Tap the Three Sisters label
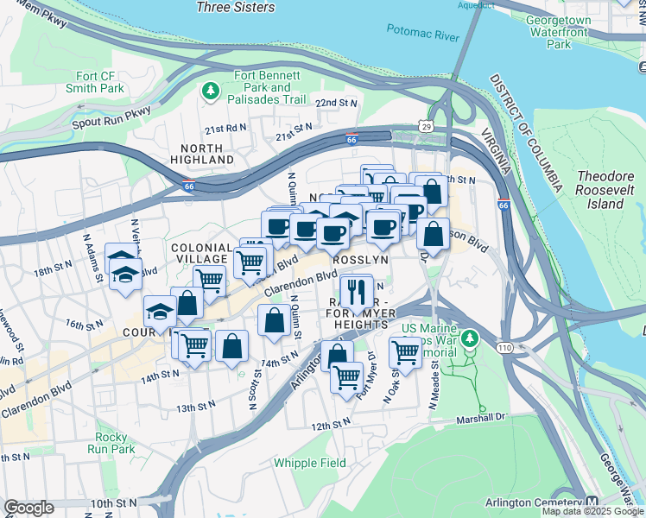click(236, 7)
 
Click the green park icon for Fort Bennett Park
click(210, 89)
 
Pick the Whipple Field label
click(310, 463)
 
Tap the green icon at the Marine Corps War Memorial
click(470, 338)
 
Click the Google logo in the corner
click(28, 508)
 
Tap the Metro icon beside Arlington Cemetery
click(592, 502)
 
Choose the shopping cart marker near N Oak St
click(405, 350)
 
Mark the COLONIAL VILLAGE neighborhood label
click(203, 252)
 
